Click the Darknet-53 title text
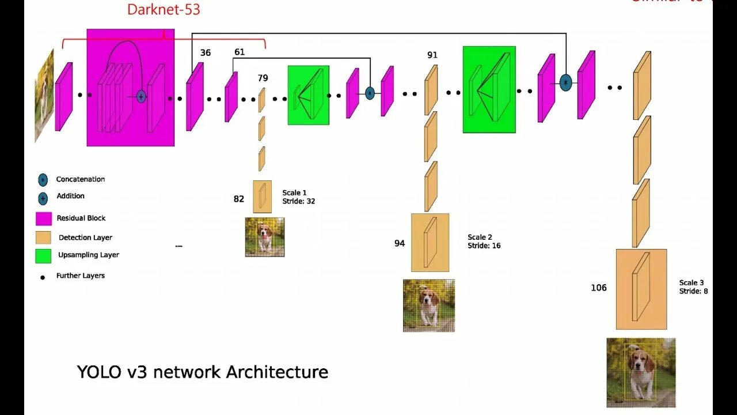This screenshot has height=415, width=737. point(164,9)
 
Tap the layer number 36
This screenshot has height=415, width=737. point(206,53)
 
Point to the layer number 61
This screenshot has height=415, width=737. point(240,52)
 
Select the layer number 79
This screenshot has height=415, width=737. point(263,78)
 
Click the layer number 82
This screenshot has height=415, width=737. point(239,199)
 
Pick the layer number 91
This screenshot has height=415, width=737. point(432,55)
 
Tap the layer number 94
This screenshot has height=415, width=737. point(400,243)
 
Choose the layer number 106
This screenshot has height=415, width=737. point(599,288)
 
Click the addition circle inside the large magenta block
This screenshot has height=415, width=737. point(141,97)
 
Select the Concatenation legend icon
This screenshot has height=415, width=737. point(43,180)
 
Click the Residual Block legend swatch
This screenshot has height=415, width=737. point(44,218)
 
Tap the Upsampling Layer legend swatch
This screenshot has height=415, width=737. point(44,255)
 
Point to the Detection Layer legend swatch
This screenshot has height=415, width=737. point(44,237)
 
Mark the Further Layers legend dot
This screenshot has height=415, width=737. point(43,277)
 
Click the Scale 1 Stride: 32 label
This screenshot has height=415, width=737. point(298,197)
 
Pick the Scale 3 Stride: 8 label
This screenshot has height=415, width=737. point(693,287)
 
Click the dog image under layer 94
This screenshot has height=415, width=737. point(429,305)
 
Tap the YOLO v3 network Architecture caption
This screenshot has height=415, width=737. point(203,372)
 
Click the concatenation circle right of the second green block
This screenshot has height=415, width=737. point(565,83)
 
